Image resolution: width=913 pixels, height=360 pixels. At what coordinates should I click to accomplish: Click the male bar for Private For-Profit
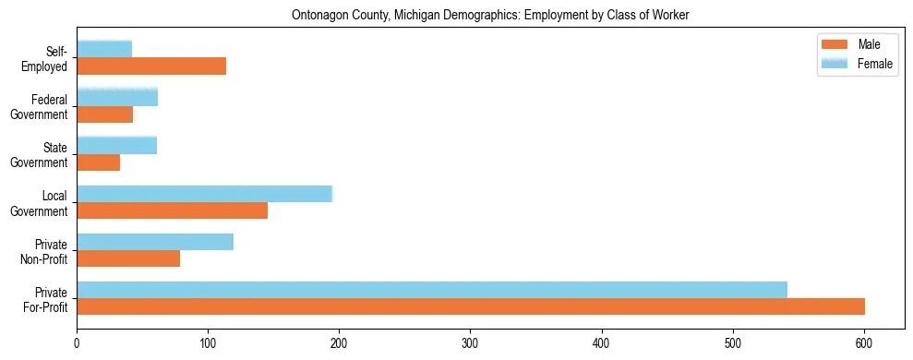pyautogui.click(x=471, y=306)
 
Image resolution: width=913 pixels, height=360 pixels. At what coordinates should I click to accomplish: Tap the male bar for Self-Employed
pyautogui.click(x=151, y=66)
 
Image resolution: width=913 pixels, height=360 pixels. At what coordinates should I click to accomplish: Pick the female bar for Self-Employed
pyautogui.click(x=104, y=49)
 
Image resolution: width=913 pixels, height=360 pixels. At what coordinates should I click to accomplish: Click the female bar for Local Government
pyautogui.click(x=204, y=194)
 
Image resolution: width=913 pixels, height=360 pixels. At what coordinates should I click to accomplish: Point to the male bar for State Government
pyautogui.click(x=99, y=162)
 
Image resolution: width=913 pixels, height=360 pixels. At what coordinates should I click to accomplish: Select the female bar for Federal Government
pyautogui.click(x=117, y=97)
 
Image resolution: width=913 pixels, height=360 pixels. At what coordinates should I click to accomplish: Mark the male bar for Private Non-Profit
pyautogui.click(x=128, y=258)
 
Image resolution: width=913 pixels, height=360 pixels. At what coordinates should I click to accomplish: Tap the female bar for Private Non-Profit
pyautogui.click(x=155, y=242)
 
